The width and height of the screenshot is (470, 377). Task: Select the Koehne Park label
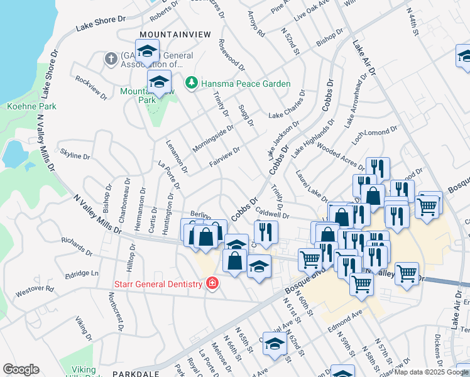click(31, 106)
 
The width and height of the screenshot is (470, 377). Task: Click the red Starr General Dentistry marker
click(212, 283)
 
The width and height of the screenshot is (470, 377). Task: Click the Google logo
click(21, 369)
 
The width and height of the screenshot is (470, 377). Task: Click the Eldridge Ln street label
click(82, 274)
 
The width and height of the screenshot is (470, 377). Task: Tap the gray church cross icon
click(111, 59)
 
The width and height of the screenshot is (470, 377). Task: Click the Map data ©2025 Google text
click(431, 372)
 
